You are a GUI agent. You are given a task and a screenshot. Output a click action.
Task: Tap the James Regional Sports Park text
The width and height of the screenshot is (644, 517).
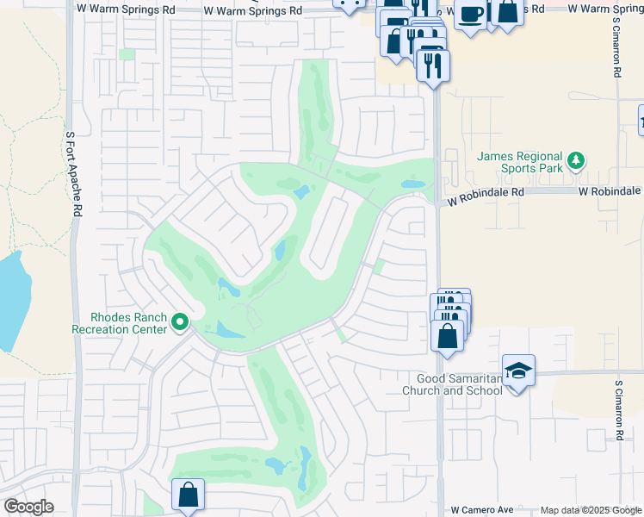[x=521, y=163]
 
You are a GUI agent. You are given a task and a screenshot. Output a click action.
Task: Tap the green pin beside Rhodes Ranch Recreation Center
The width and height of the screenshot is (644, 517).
[x=180, y=323]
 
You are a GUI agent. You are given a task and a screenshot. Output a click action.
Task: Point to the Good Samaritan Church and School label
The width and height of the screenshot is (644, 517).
[x=452, y=384]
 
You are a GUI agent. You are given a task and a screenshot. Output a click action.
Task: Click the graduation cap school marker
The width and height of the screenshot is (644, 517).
[x=518, y=371]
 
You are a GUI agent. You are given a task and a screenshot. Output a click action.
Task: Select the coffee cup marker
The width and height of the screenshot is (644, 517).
[x=471, y=15]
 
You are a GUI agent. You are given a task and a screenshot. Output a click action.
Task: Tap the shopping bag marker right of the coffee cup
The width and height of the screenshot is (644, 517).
[x=508, y=13]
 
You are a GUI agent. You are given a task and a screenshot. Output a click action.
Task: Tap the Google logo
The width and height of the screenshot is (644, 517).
[x=28, y=507]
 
